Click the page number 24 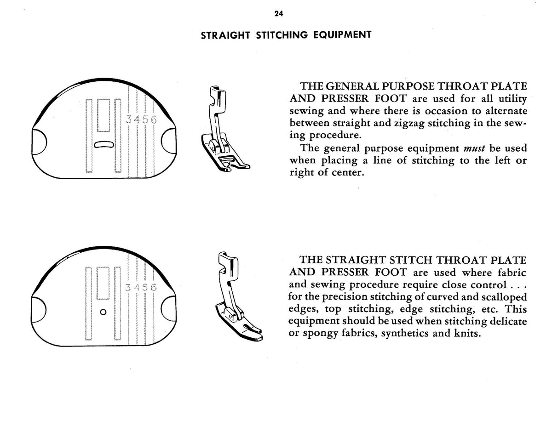[x=279, y=14]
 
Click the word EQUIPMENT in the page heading [x=342, y=35]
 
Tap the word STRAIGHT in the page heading [x=225, y=35]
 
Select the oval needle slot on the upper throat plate [x=104, y=144]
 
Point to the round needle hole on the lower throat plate [x=103, y=312]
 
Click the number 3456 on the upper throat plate [x=142, y=119]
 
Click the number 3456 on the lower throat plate [x=141, y=287]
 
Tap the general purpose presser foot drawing [x=225, y=129]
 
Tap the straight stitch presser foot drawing [x=239, y=296]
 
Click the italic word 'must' [x=474, y=148]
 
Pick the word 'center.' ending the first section [x=348, y=172]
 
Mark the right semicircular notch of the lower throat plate [x=169, y=310]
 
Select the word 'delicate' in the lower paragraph [x=508, y=321]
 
